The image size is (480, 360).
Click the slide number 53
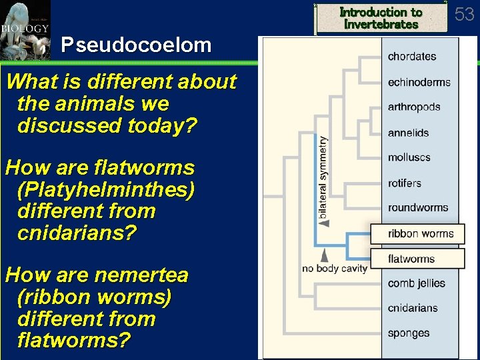pyautogui.click(x=465, y=13)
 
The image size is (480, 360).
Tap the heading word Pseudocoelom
pyautogui.click(x=136, y=45)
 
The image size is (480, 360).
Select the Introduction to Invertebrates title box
pyautogui.click(x=381, y=18)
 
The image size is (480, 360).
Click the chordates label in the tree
pyautogui.click(x=411, y=57)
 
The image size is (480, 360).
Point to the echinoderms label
pyautogui.click(x=419, y=82)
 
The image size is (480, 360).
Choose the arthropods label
pyautogui.click(x=414, y=107)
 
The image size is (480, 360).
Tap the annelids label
pyautogui.click(x=408, y=133)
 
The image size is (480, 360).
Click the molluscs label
pyautogui.click(x=409, y=157)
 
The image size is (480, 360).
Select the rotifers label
pyautogui.click(x=405, y=183)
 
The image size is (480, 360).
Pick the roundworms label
pyautogui.click(x=418, y=207)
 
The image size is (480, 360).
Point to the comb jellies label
pyautogui.click(x=416, y=283)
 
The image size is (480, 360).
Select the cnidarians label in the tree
pyautogui.click(x=413, y=308)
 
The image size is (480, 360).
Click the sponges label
pyautogui.click(x=409, y=333)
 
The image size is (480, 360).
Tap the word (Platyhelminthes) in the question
pyautogui.click(x=106, y=189)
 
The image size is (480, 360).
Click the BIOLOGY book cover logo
pyautogui.click(x=25, y=30)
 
